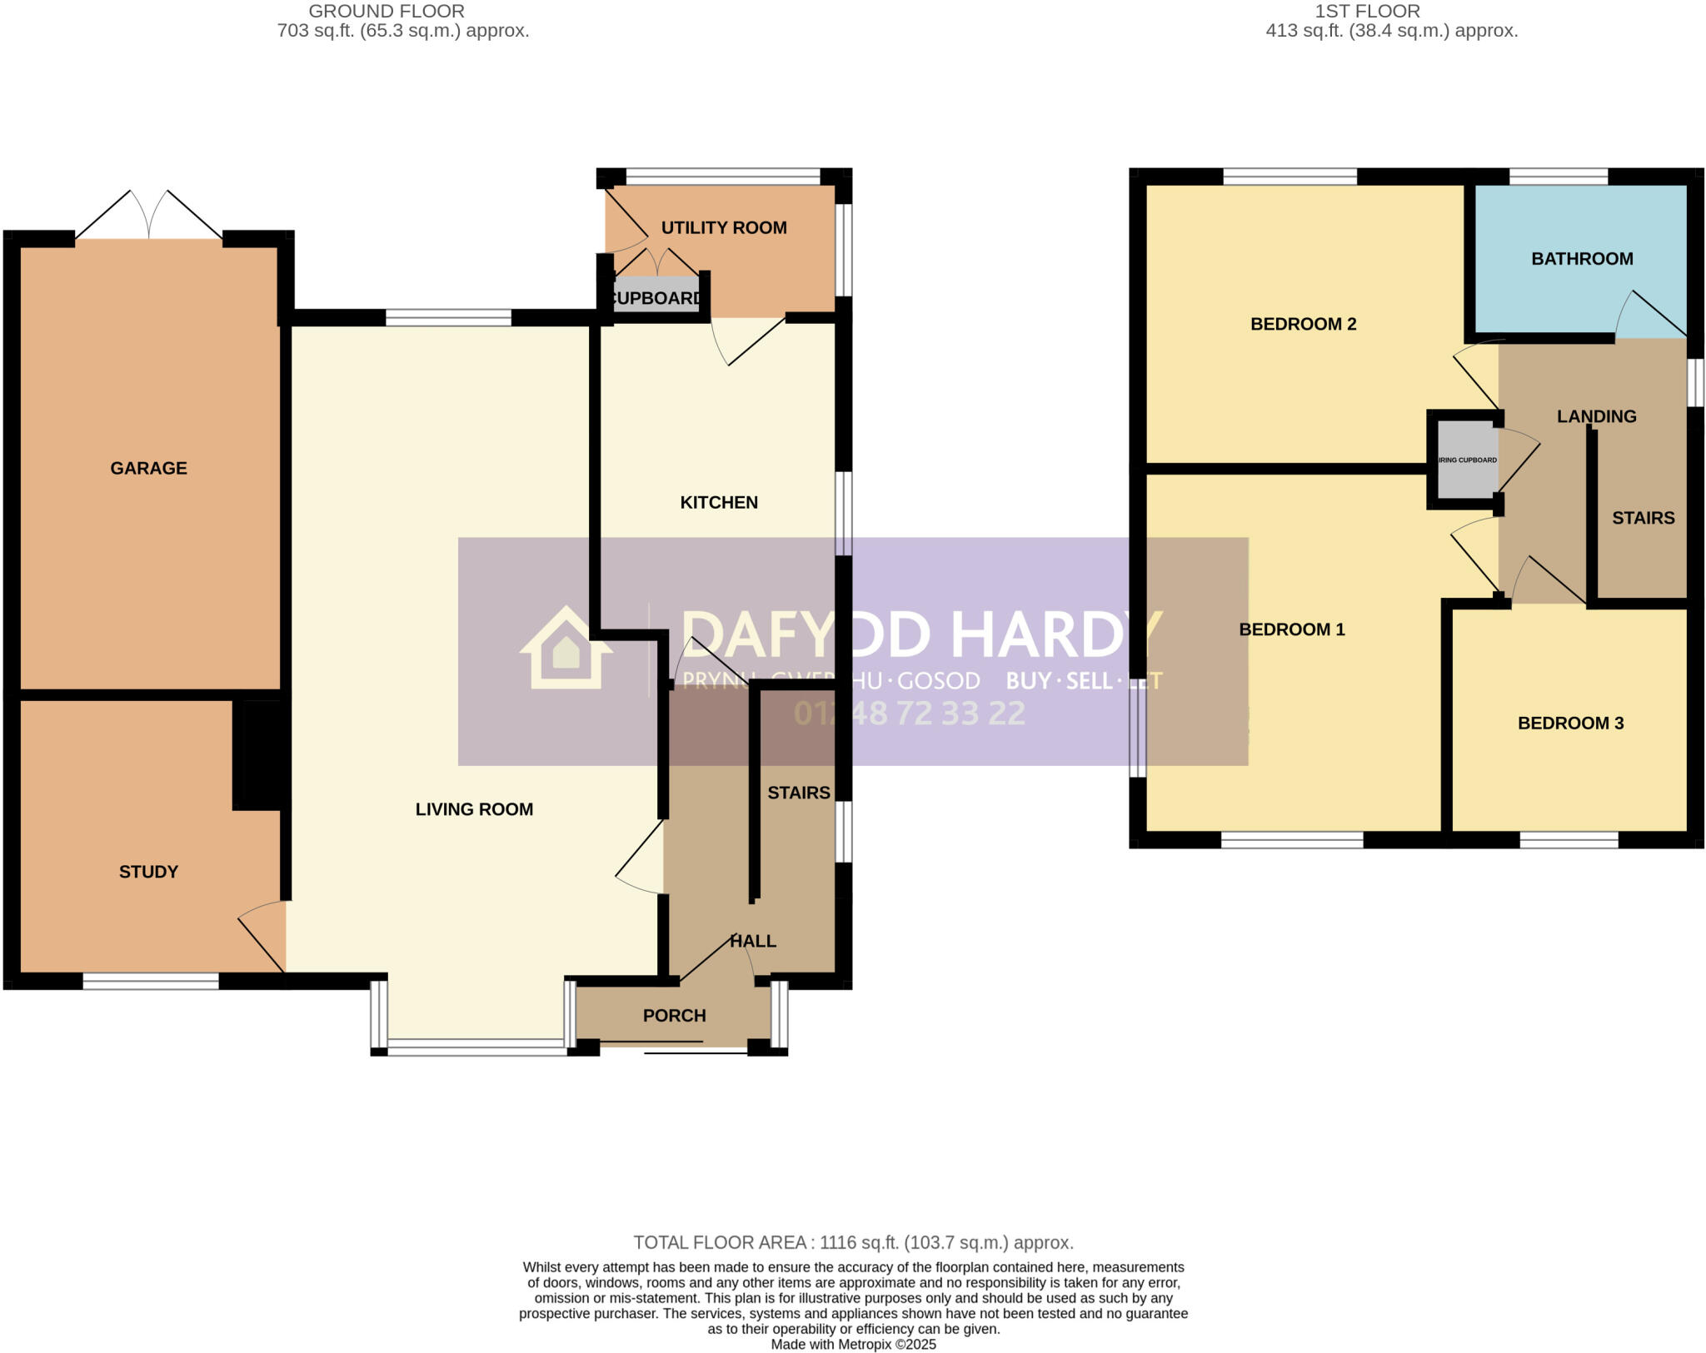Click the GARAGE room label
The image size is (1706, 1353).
[x=148, y=468]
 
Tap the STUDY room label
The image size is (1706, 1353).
[x=148, y=872]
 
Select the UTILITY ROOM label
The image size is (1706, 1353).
[x=723, y=227]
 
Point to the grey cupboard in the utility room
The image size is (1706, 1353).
[x=656, y=296]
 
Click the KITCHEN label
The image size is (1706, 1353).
[x=718, y=502]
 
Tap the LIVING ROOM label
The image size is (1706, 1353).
[x=474, y=808]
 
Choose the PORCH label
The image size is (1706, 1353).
[x=674, y=1015]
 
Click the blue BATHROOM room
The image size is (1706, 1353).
[x=1580, y=259]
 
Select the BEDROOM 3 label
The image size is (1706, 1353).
[x=1570, y=723]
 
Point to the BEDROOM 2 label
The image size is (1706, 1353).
[x=1303, y=324]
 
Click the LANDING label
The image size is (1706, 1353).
[x=1596, y=416]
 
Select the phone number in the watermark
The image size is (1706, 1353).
[x=909, y=714]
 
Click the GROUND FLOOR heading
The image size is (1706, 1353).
[x=386, y=12]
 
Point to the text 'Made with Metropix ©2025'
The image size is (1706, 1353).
[x=853, y=1344]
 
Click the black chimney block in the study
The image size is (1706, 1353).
[x=260, y=754]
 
